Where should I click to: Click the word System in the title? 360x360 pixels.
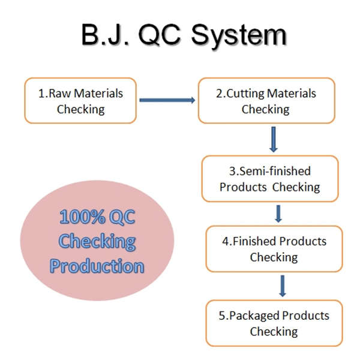(239, 35)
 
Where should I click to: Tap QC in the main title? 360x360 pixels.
(160, 35)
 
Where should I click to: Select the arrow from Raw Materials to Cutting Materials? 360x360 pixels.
(167, 100)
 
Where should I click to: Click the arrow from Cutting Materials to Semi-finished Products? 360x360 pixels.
(273, 139)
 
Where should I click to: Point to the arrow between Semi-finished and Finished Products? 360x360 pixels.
(278, 214)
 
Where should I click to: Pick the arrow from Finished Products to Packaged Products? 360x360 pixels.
(283, 286)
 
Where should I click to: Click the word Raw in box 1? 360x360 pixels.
(59, 94)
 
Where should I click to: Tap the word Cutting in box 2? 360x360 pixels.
(245, 94)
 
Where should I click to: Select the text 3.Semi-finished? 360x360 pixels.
(270, 171)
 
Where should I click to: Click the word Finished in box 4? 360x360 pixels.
(254, 241)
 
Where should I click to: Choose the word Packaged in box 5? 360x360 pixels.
(254, 316)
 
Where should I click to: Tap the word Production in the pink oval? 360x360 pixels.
(97, 266)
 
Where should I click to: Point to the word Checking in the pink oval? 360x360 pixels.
(97, 242)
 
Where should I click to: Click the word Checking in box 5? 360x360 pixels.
(274, 332)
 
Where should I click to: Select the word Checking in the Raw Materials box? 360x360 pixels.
(81, 110)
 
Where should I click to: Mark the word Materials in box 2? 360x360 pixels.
(292, 94)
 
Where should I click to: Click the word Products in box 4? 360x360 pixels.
(303, 241)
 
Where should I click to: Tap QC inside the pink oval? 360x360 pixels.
(122, 217)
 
